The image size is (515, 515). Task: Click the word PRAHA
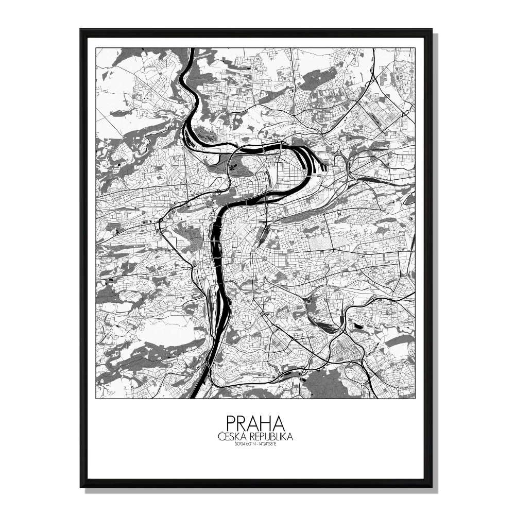(255, 424)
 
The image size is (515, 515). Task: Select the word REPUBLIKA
(271, 437)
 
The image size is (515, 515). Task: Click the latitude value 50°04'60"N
(243, 443)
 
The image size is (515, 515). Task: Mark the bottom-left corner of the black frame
(81, 486)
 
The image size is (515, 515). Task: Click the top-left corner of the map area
(96, 48)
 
